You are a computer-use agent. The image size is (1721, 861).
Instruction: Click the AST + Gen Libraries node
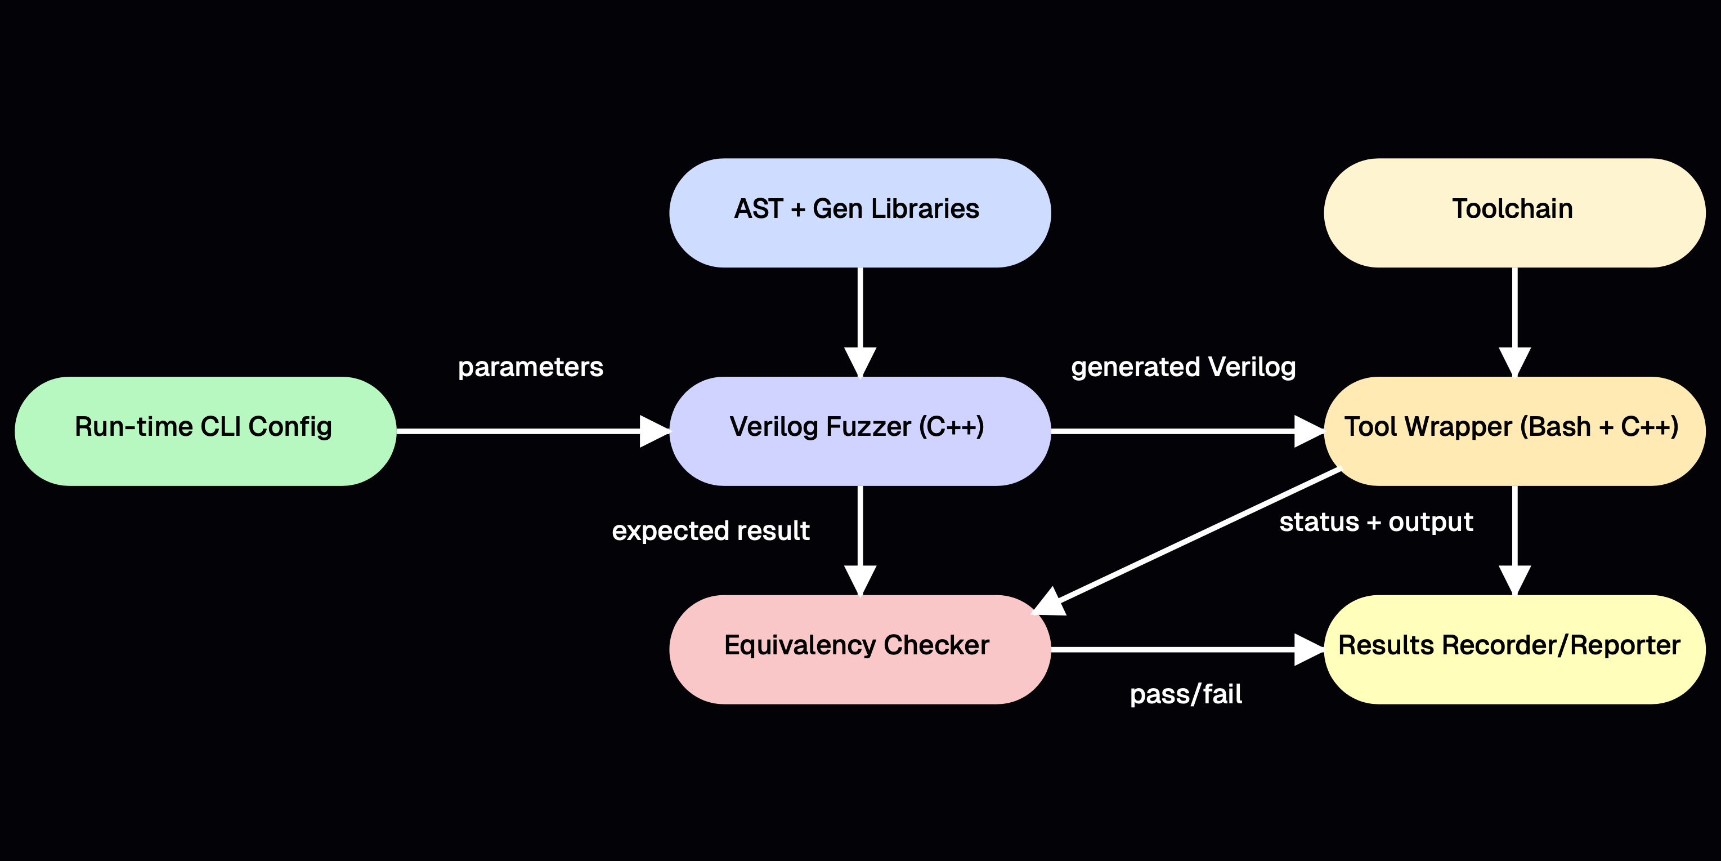click(860, 213)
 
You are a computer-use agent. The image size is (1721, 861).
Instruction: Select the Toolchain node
click(1514, 213)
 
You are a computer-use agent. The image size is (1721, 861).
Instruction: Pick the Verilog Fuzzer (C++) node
click(860, 430)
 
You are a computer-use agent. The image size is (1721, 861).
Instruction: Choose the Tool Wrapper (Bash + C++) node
click(1514, 430)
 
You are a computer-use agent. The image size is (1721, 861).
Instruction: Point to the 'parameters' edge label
click(531, 367)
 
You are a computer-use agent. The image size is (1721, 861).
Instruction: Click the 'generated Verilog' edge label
click(1183, 367)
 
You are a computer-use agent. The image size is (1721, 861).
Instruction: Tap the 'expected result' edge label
click(710, 531)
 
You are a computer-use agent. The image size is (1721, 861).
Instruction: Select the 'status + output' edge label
click(1375, 522)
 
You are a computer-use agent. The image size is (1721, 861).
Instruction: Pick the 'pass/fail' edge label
click(1186, 694)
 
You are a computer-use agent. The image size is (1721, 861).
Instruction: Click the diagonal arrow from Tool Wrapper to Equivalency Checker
click(1196, 538)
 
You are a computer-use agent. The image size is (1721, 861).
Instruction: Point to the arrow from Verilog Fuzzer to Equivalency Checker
click(860, 535)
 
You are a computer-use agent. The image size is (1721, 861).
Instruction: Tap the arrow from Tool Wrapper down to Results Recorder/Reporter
click(1514, 535)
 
